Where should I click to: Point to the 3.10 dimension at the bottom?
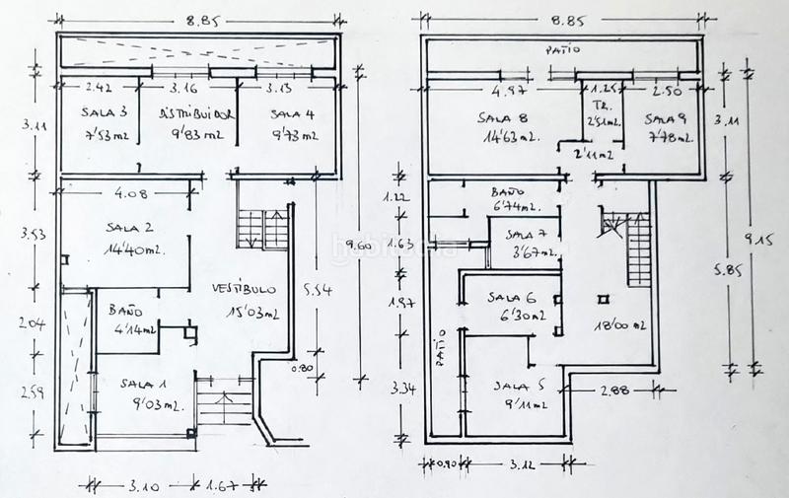pyautogui.click(x=145, y=485)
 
